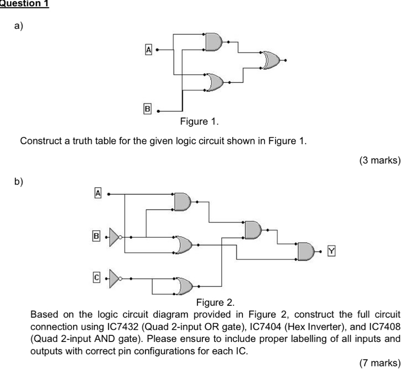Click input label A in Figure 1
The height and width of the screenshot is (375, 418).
click(148, 49)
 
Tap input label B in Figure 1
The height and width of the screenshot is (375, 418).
click(148, 109)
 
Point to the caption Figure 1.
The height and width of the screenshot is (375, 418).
click(199, 121)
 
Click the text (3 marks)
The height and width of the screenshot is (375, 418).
click(379, 161)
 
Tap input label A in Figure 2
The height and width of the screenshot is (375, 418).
click(98, 193)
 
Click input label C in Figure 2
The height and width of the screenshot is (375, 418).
click(96, 278)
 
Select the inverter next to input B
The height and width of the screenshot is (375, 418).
click(116, 236)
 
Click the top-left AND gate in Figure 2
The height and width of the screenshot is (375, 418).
click(183, 202)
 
